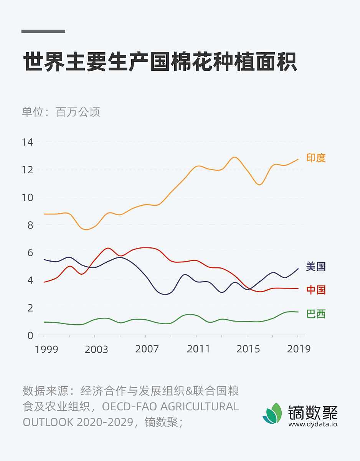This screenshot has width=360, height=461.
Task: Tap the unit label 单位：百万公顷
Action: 61,112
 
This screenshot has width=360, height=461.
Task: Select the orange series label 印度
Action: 316,158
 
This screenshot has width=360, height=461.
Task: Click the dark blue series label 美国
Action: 316,267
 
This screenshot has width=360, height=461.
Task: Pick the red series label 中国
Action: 316,290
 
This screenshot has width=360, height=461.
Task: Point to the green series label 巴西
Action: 316,314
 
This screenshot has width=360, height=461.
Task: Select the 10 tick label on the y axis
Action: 27,197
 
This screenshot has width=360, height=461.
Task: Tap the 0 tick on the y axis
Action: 30,335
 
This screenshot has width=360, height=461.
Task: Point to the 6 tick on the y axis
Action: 30,253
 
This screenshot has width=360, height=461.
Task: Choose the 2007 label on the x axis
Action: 147,349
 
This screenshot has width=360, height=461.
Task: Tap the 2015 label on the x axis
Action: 248,349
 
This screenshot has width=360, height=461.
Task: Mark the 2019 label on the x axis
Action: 298,349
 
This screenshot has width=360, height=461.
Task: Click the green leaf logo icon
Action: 272,414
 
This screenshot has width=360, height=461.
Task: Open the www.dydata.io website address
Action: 313,425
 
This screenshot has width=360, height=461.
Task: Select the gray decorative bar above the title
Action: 43,31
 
